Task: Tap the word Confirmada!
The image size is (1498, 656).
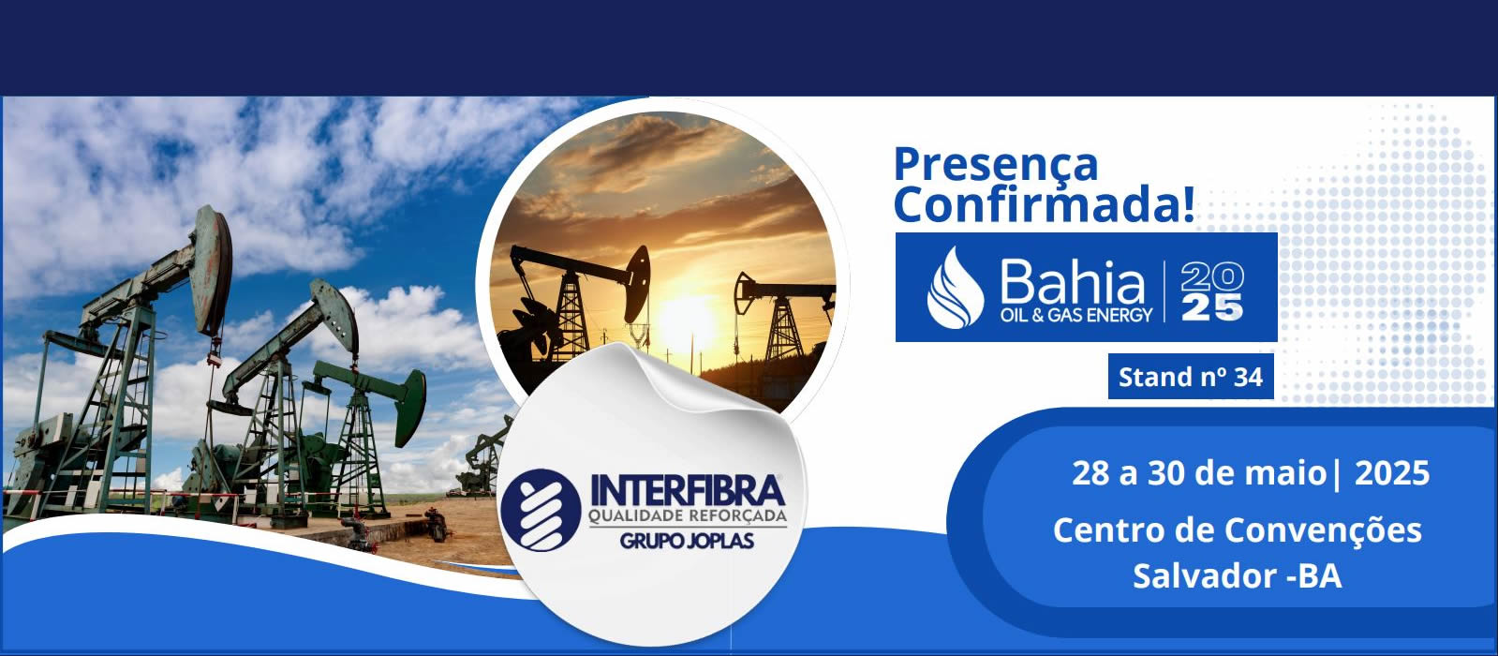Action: tap(1045, 204)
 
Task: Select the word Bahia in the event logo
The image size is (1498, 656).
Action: tap(1072, 281)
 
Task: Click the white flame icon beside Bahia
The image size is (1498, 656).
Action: tap(955, 288)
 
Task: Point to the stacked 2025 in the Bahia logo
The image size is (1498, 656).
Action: tap(1211, 291)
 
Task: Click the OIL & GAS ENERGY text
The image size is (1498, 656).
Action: tap(1076, 315)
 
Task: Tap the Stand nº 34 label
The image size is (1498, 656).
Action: tap(1191, 377)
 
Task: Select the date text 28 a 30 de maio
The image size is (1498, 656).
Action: tap(1199, 472)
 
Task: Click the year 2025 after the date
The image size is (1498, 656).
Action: tap(1391, 472)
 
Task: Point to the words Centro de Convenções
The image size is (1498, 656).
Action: tap(1238, 530)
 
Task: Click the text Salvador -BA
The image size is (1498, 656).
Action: tap(1238, 575)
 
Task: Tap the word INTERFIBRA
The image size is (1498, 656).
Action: tap(688, 491)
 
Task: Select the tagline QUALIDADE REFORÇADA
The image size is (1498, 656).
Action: tap(688, 516)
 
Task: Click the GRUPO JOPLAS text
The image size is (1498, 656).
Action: tap(688, 541)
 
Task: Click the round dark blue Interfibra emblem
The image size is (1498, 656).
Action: tap(541, 510)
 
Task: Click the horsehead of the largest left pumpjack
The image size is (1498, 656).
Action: tap(212, 267)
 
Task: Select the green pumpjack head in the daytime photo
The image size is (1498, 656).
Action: tap(409, 408)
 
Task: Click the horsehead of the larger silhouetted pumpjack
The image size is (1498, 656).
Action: tap(637, 284)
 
